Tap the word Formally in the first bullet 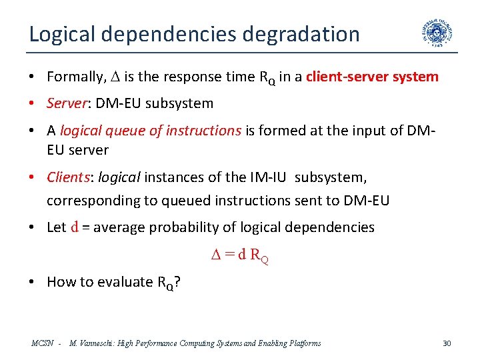point(75,77)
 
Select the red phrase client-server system point(372,77)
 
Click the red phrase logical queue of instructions point(150,131)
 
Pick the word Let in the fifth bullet point(57,227)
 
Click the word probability point(181,227)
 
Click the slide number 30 point(447,343)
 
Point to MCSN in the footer point(42,343)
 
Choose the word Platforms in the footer point(303,343)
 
